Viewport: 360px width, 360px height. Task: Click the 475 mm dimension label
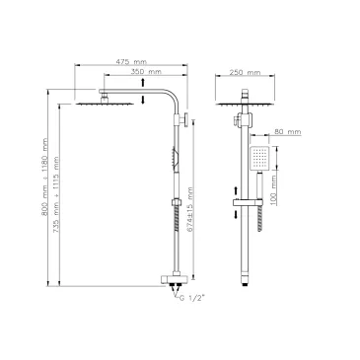click(x=131, y=61)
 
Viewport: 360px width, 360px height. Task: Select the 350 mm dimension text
click(x=146, y=72)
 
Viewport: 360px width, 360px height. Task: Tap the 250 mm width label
click(x=245, y=72)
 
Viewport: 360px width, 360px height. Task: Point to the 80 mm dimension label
click(x=288, y=132)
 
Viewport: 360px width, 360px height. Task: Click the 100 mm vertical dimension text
click(x=273, y=190)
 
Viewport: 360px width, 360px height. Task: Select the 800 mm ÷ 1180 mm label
click(x=44, y=177)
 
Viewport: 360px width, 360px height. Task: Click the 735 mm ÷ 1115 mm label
click(x=56, y=195)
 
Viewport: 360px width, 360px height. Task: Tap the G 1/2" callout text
click(x=192, y=298)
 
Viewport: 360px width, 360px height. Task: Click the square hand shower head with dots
click(x=259, y=159)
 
